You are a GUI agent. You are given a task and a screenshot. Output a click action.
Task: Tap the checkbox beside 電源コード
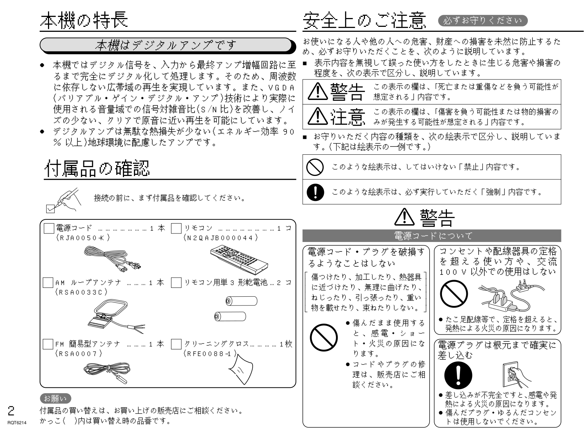coord(48,229)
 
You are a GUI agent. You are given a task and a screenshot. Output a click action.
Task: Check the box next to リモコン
coord(176,229)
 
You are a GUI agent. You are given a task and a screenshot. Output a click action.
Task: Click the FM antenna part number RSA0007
coord(79,353)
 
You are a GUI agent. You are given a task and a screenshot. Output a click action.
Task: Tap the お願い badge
coord(55,398)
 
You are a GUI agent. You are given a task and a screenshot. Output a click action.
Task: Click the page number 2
coord(11,410)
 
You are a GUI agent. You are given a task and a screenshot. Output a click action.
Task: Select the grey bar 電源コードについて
coord(431,236)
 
